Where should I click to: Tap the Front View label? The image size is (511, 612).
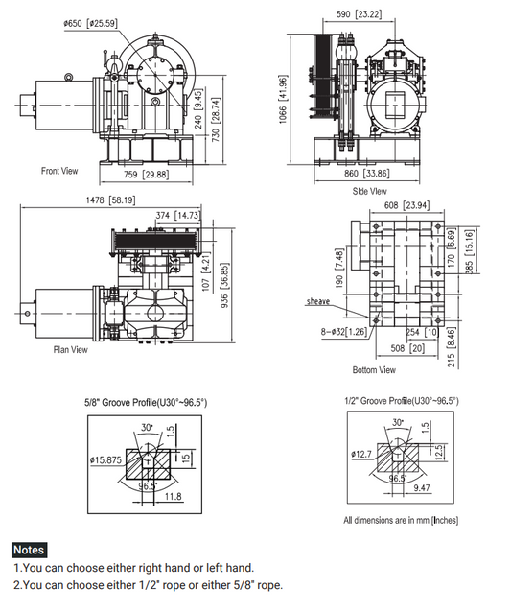(x=60, y=171)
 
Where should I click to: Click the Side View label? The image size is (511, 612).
(x=369, y=191)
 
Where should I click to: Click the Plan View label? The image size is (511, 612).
(x=70, y=350)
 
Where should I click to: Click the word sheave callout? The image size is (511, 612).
(x=318, y=301)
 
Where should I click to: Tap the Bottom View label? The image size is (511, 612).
(x=374, y=369)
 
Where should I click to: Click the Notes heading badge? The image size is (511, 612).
(x=29, y=551)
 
